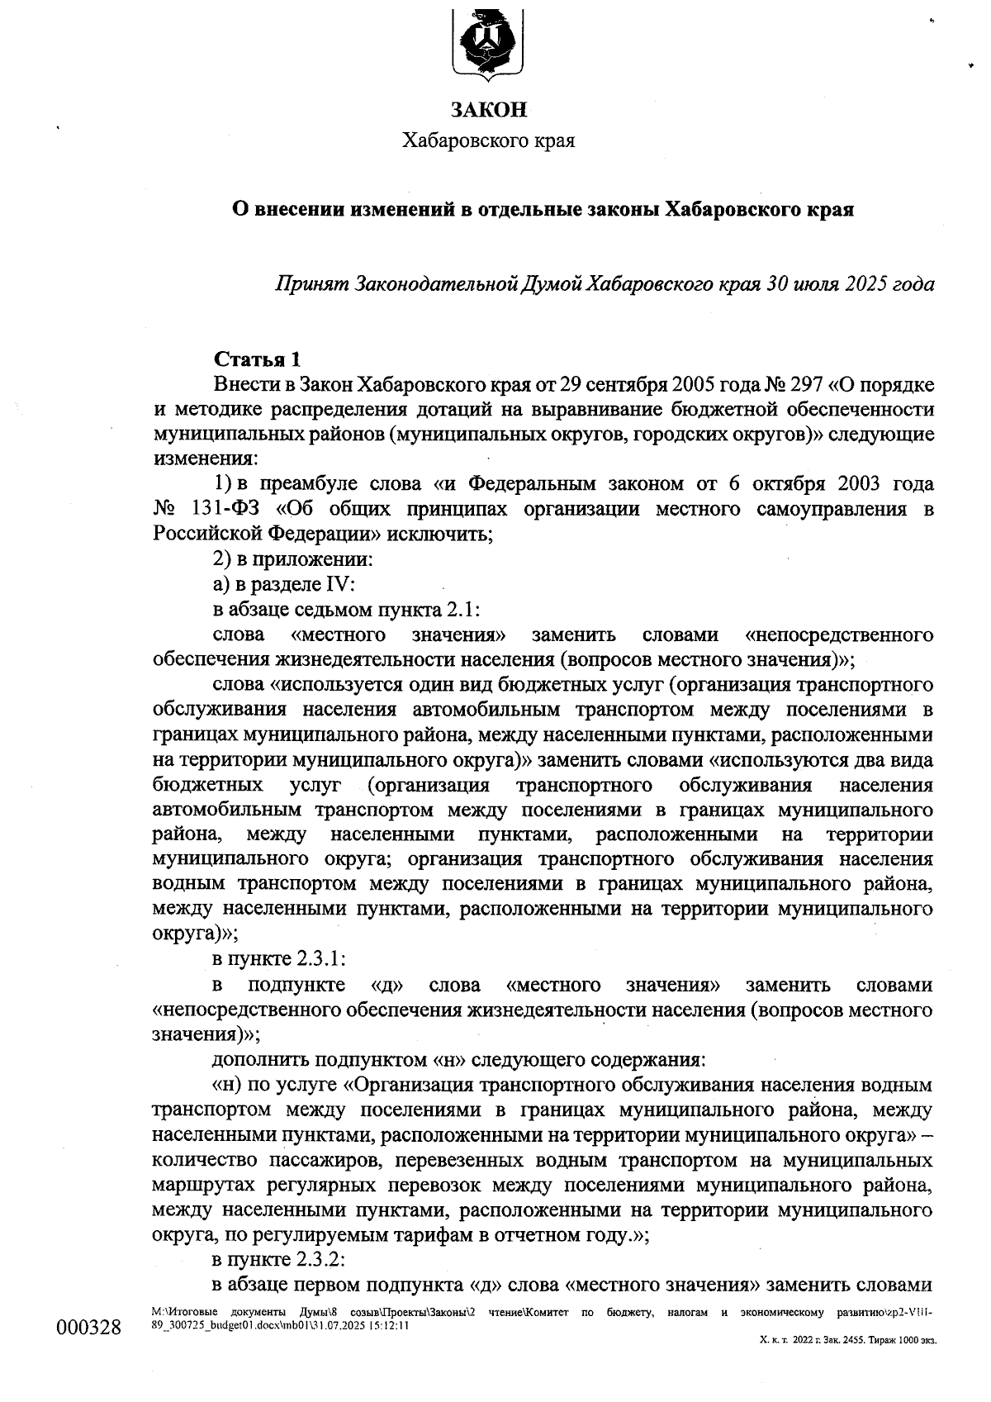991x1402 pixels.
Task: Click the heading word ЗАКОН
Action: (x=488, y=110)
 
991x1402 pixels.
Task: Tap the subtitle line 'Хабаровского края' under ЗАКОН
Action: (x=488, y=141)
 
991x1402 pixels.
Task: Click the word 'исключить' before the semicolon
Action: (x=442, y=535)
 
